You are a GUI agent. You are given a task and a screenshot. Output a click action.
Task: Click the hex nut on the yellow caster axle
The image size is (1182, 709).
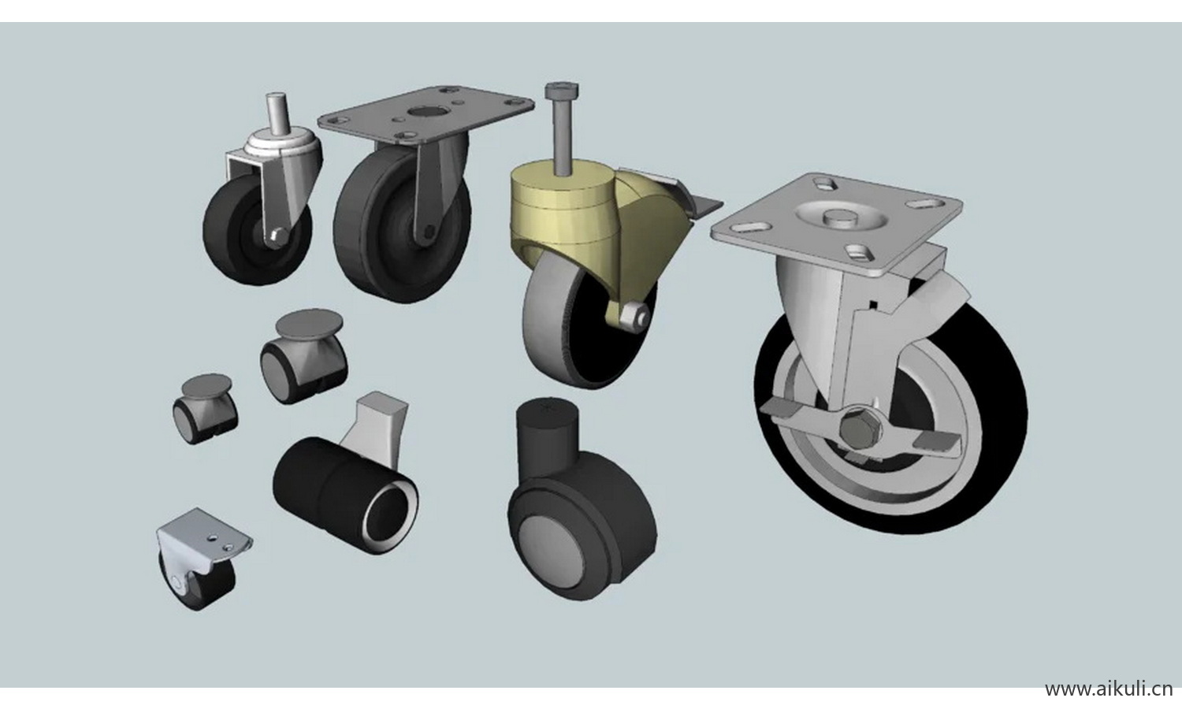633,316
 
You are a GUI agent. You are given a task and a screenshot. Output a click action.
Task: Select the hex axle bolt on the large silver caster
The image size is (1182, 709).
860,425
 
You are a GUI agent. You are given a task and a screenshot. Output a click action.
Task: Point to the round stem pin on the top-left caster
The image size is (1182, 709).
276,114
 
